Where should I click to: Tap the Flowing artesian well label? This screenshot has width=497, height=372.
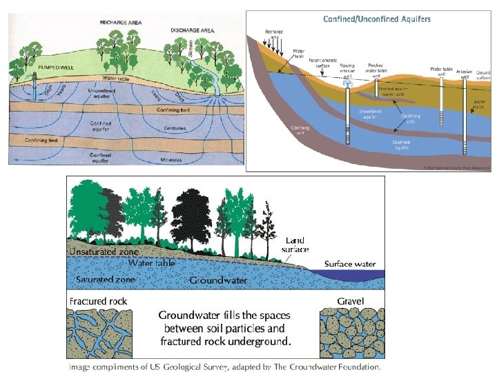tap(347, 70)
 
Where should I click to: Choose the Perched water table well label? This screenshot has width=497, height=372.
tap(376, 70)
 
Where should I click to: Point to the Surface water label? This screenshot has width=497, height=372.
tap(351, 264)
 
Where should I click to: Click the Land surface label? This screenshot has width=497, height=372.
tap(295, 245)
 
